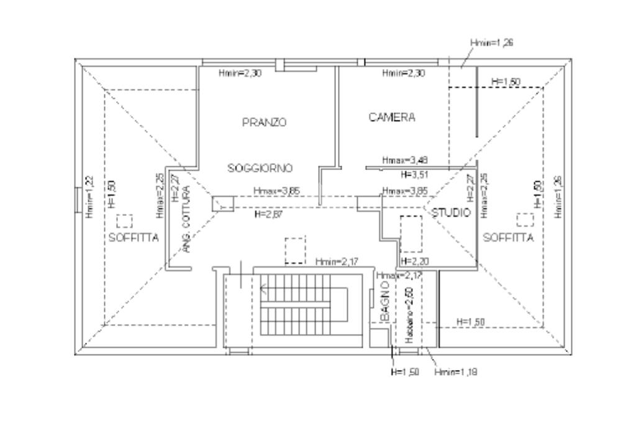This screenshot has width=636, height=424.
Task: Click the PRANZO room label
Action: point(264,122)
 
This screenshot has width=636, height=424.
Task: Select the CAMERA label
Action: point(392,117)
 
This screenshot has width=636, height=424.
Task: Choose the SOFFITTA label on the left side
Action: point(134,237)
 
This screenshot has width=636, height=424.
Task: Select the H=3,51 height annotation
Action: point(415,174)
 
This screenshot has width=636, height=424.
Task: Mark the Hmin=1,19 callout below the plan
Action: point(455,372)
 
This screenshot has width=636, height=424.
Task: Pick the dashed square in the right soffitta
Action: point(525,220)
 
